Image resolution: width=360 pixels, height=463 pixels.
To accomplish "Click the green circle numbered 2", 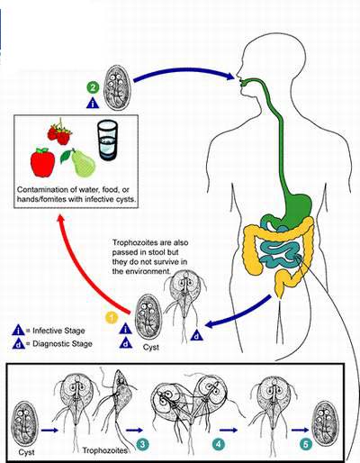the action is pyautogui.click(x=93, y=87).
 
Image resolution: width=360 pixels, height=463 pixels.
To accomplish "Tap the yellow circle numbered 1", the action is pyautogui.click(x=112, y=318).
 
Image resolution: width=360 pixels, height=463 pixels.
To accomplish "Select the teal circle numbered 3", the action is pyautogui.click(x=142, y=444).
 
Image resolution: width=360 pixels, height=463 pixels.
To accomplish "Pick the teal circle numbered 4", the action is pyautogui.click(x=218, y=444).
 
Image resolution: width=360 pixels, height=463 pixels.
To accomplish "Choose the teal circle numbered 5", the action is pyautogui.click(x=305, y=444).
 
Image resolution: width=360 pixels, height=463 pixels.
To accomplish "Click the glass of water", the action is pyautogui.click(x=107, y=140).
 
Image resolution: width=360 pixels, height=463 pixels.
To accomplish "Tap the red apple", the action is pyautogui.click(x=42, y=162).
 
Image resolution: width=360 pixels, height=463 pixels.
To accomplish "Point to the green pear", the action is pyautogui.click(x=79, y=163).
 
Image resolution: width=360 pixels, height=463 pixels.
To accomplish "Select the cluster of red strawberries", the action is pyautogui.click(x=59, y=132).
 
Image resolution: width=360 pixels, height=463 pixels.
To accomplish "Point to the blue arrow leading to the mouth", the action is pyautogui.click(x=184, y=70).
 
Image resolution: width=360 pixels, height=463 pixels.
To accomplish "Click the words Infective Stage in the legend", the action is pyautogui.click(x=58, y=331).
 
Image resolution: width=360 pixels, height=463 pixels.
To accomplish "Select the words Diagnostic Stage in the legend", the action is pyautogui.click(x=62, y=344).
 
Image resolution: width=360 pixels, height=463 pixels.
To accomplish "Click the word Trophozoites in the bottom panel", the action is pyautogui.click(x=105, y=450).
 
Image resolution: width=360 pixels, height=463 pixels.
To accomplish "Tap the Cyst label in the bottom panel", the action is pyautogui.click(x=26, y=452).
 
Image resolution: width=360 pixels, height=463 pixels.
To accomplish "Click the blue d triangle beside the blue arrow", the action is pyautogui.click(x=197, y=335).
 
